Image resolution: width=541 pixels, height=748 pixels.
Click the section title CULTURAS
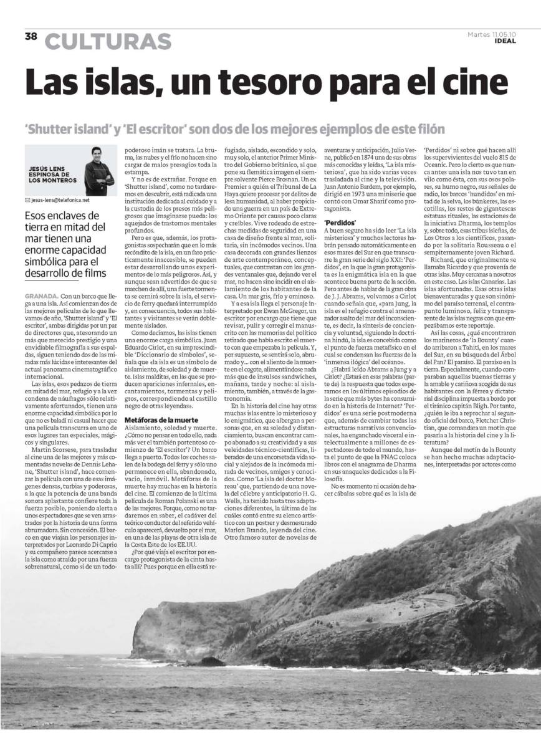108,42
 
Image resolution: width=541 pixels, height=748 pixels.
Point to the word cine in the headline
477,83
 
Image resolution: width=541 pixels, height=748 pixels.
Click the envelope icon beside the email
26,200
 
